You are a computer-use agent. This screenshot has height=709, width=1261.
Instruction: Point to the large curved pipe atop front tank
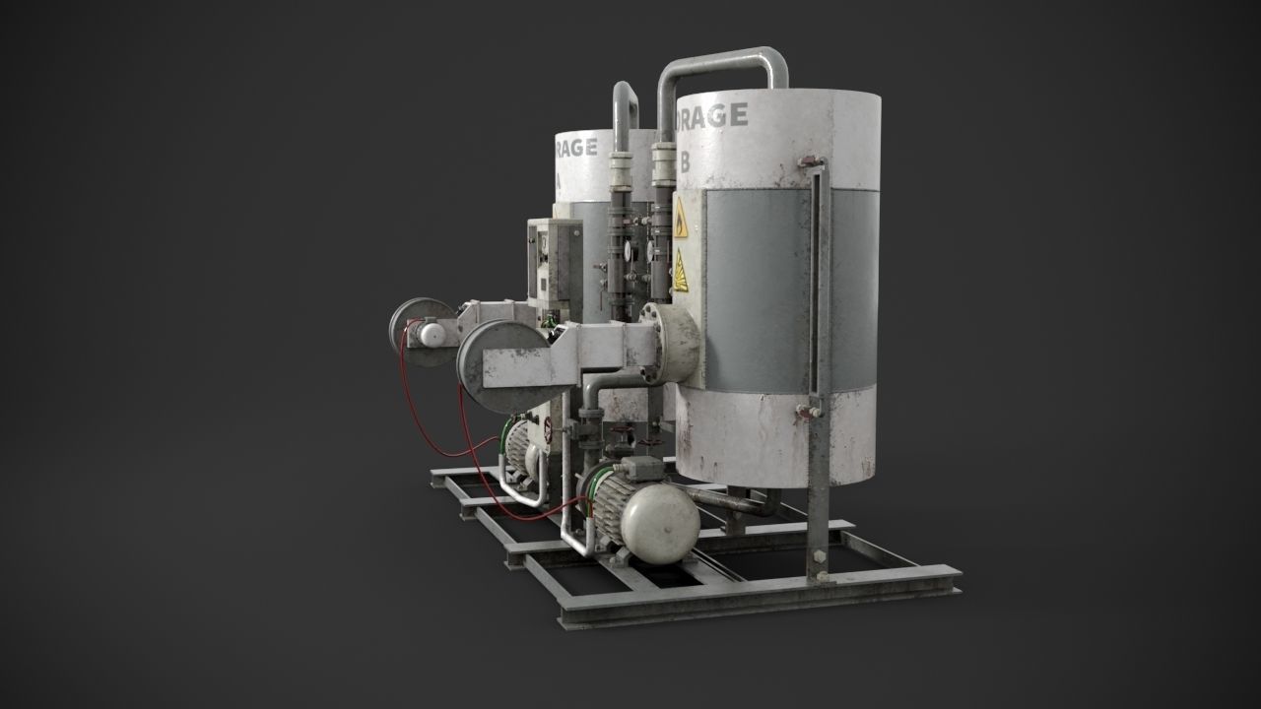724,59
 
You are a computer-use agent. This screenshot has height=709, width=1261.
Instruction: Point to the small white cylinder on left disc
431,335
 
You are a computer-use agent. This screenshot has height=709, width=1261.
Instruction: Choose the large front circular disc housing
498,364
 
